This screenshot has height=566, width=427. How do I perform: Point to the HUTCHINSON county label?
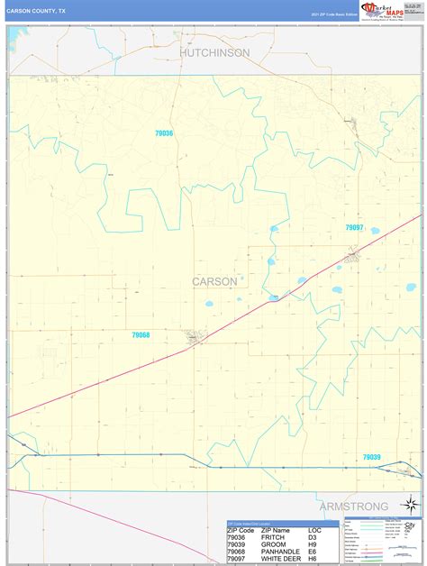[214, 53]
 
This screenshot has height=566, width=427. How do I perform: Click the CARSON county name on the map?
[214, 282]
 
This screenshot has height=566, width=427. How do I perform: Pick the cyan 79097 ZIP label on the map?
[355, 228]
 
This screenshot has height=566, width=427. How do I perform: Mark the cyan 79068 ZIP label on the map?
[141, 335]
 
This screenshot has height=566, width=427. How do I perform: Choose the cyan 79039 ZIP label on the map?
[371, 458]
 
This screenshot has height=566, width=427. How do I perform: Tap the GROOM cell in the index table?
[273, 544]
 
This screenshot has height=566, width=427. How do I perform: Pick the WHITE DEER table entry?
[284, 559]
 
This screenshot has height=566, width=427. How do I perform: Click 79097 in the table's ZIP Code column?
[238, 559]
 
